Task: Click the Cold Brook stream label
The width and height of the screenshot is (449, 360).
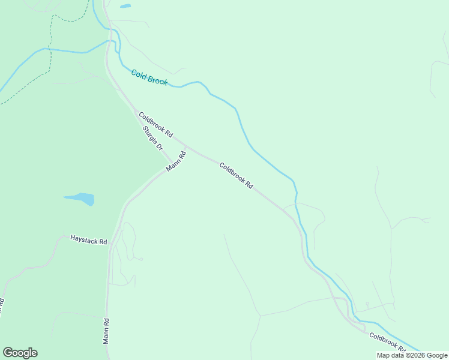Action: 149,77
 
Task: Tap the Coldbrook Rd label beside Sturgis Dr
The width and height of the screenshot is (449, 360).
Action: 155,124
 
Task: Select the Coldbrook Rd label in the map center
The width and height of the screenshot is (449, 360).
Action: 236,176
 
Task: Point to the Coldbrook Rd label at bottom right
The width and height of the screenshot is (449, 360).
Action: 387,343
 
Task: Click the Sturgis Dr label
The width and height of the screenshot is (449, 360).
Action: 153,138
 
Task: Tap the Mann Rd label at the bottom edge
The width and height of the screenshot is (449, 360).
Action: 106,331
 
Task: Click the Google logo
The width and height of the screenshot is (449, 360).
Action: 20,353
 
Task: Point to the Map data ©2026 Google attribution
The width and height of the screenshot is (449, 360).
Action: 412,355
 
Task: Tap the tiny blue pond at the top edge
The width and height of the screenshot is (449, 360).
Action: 125,7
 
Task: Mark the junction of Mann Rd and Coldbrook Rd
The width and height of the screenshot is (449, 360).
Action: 186,146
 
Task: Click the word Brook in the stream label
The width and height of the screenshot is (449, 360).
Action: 158,80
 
